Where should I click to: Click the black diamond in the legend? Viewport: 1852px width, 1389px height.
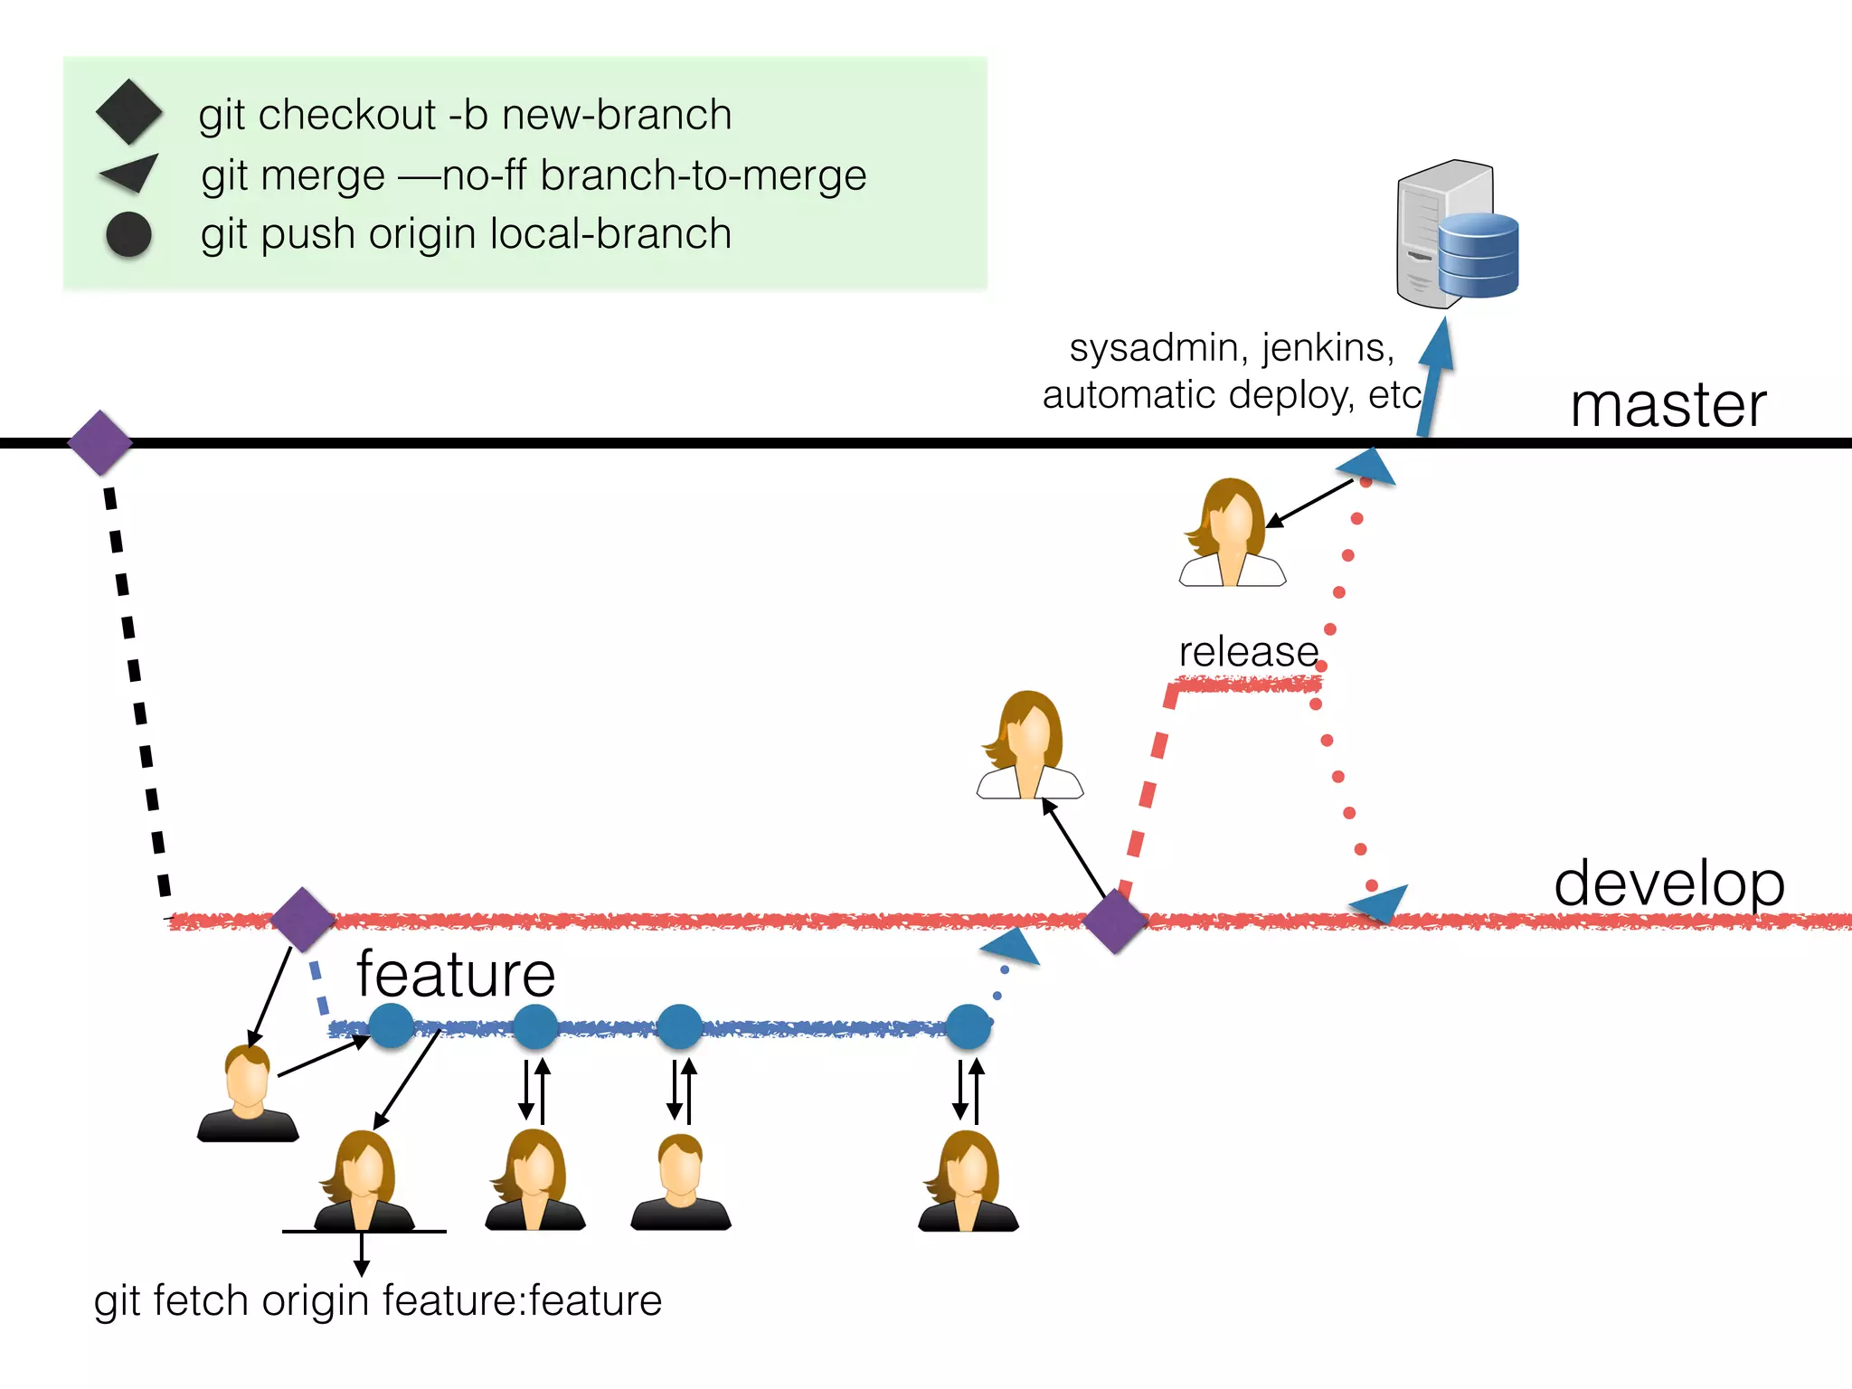click(x=129, y=112)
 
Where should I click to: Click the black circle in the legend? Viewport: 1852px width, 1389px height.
click(x=128, y=234)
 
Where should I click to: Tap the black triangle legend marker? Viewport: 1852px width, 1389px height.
click(x=131, y=173)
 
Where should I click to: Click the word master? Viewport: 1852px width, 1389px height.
click(x=1668, y=405)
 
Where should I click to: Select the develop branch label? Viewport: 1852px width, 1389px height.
click(x=1668, y=883)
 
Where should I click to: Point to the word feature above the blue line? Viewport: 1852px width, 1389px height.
click(x=456, y=975)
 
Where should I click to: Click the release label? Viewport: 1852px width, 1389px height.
click(x=1248, y=652)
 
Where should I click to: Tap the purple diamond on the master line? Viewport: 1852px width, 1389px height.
click(x=100, y=442)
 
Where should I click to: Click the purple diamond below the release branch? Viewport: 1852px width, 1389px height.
click(x=1115, y=921)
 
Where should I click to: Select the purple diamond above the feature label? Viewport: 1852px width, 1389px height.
click(x=303, y=920)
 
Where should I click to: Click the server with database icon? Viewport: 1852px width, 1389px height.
click(x=1455, y=234)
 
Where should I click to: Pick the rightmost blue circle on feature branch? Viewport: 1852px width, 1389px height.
click(x=969, y=1026)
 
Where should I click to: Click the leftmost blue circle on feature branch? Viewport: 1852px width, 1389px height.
click(x=392, y=1026)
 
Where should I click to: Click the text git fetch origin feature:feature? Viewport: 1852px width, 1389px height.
click(x=378, y=1301)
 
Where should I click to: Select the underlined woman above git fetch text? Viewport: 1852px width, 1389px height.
click(x=364, y=1180)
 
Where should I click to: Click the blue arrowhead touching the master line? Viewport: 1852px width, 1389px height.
click(x=1368, y=467)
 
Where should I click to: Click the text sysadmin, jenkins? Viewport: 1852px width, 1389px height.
click(x=1232, y=348)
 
